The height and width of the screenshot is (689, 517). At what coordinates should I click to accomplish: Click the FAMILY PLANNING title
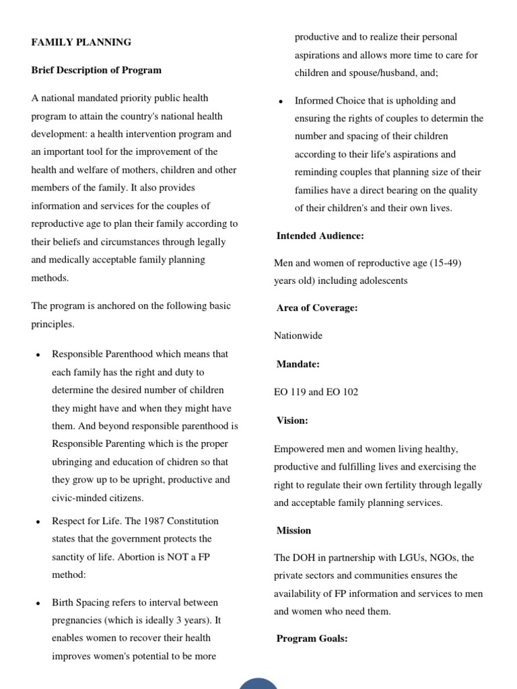[81, 42]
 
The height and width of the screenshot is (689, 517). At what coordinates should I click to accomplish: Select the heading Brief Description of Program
[96, 70]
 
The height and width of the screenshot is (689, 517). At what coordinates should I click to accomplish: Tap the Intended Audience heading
[320, 235]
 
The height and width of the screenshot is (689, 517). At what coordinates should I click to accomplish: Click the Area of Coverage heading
[317, 307]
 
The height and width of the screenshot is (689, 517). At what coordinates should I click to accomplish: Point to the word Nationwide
[298, 335]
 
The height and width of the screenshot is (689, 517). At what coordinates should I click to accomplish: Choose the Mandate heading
[298, 364]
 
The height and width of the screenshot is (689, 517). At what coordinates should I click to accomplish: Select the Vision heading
[292, 421]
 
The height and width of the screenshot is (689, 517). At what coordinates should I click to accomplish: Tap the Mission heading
[294, 530]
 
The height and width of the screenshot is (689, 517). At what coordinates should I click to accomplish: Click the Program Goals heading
[312, 639]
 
